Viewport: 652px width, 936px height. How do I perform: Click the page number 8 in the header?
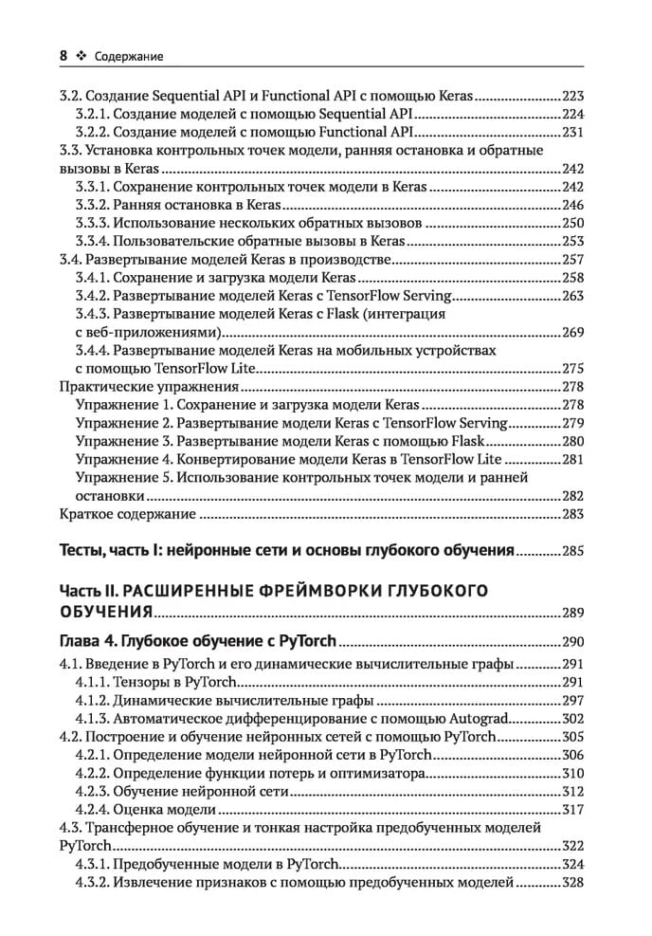click(63, 56)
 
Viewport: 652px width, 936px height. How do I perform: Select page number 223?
click(574, 96)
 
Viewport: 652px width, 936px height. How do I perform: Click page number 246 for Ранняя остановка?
click(574, 205)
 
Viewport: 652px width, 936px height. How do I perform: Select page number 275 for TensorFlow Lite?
click(574, 369)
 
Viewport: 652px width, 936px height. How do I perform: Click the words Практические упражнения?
click(134, 387)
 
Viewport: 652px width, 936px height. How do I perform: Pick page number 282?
click(574, 496)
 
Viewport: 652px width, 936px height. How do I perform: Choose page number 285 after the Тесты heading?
click(574, 550)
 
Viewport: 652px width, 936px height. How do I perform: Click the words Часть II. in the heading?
click(92, 590)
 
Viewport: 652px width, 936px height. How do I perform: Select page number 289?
click(574, 613)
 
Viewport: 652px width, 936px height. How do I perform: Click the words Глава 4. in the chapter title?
click(91, 640)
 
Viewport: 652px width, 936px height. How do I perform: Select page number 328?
click(574, 882)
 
